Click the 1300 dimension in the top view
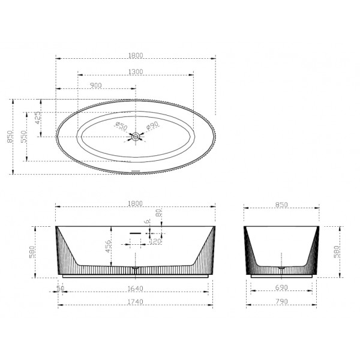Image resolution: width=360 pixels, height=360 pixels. point(136,71)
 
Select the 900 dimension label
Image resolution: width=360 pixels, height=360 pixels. point(95,85)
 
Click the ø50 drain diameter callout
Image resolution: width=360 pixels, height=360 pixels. point(121,126)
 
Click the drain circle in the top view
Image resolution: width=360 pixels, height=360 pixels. point(136,137)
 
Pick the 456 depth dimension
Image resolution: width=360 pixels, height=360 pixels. point(109,247)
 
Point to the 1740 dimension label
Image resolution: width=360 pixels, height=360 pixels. point(136,301)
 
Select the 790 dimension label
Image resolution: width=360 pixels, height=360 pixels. point(281,301)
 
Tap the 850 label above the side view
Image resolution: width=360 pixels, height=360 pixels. point(281,205)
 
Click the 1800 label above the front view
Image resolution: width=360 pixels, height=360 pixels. point(136,205)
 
